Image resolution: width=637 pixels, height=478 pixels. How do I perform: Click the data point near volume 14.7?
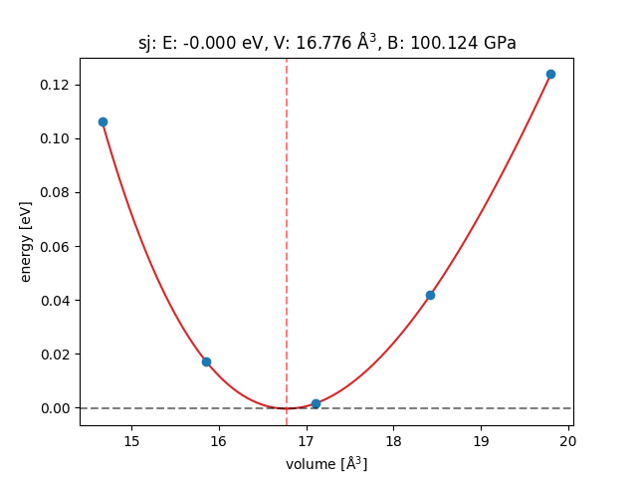pyautogui.click(x=103, y=121)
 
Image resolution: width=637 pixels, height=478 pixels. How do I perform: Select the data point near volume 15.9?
pyautogui.click(x=206, y=361)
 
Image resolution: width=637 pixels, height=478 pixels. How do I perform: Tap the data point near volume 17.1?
pyautogui.click(x=316, y=403)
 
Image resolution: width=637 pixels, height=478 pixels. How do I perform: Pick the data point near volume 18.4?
pyautogui.click(x=430, y=295)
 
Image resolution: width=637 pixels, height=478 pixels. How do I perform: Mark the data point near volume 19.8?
pyautogui.click(x=550, y=74)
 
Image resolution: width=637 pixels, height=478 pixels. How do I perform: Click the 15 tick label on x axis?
pyautogui.click(x=130, y=441)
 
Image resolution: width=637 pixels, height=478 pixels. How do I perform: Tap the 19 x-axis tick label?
pyautogui.click(x=481, y=441)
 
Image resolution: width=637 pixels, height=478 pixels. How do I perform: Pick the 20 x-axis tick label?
pyautogui.click(x=568, y=441)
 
